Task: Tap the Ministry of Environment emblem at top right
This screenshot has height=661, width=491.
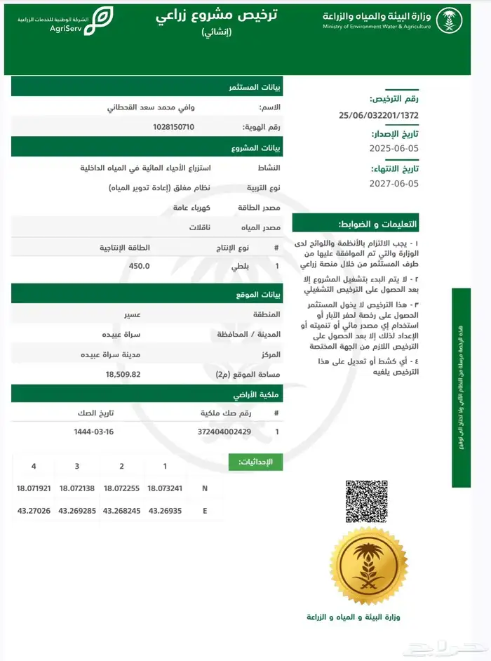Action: click(449, 20)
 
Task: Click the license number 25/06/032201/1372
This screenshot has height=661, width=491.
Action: click(379, 114)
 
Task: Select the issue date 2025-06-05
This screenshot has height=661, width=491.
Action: click(394, 149)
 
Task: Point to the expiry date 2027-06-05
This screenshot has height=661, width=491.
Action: click(394, 183)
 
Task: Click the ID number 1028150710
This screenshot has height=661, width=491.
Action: click(173, 127)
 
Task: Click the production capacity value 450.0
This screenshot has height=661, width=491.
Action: click(140, 267)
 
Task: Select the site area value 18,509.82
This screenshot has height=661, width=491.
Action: click(123, 374)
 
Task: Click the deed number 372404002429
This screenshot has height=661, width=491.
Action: click(224, 432)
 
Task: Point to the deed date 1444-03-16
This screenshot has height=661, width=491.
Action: click(94, 432)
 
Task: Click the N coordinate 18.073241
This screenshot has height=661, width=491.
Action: click(165, 488)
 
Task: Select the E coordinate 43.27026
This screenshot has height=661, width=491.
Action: click(32, 511)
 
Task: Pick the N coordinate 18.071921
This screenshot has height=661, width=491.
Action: click(34, 488)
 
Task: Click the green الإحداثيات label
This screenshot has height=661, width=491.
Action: click(256, 462)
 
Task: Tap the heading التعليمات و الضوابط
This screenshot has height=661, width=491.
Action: click(388, 225)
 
